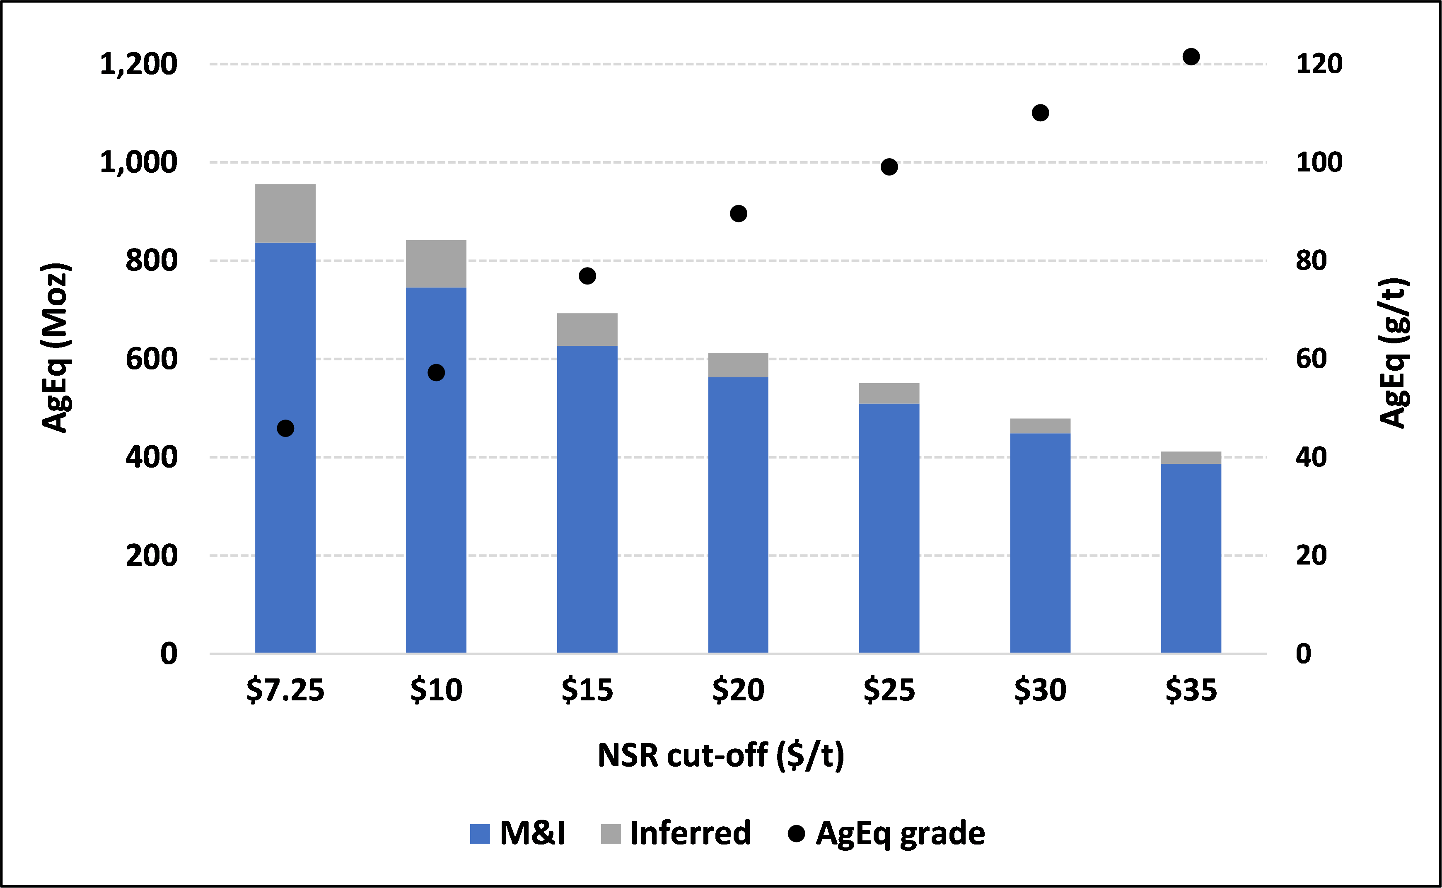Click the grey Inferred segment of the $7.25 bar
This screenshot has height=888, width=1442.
click(285, 213)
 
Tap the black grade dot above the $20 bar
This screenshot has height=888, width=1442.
click(738, 213)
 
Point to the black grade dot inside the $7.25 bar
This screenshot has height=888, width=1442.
click(285, 429)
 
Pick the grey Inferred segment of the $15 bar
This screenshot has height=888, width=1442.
click(587, 329)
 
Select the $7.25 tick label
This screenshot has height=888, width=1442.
click(285, 690)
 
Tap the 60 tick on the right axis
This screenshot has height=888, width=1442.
click(1311, 359)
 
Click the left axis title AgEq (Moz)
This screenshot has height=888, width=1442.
click(56, 347)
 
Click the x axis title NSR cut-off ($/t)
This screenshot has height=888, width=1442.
click(721, 755)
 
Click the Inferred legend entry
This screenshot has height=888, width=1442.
click(676, 833)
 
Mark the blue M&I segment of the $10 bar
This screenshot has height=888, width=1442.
click(436, 470)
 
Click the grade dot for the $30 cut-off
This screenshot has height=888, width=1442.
click(1040, 113)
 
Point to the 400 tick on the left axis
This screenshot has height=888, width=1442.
click(151, 458)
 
